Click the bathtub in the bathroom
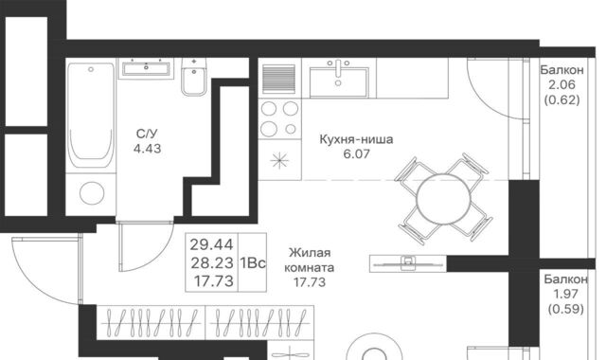(91, 116)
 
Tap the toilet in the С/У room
(194, 77)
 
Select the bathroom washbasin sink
(146, 69)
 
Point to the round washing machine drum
(92, 192)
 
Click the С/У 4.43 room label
(147, 141)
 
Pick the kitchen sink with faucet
(339, 78)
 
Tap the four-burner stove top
(279, 118)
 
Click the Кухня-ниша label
(356, 139)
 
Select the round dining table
(444, 200)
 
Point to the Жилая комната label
(310, 260)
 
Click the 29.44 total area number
(211, 244)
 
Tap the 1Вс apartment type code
(253, 263)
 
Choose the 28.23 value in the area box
(212, 263)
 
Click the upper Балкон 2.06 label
(561, 78)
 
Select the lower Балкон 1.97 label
(566, 286)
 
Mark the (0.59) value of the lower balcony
(566, 309)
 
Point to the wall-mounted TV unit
(408, 263)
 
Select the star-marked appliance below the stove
(279, 160)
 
